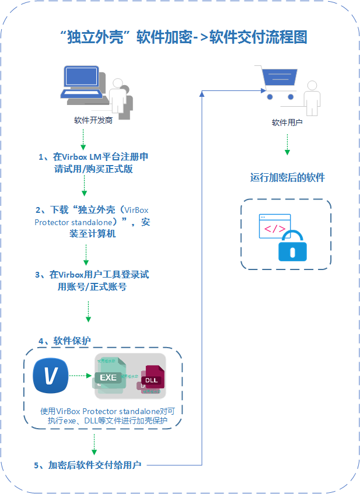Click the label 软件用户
click(286, 123)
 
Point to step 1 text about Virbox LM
click(93, 163)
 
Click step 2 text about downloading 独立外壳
click(93, 222)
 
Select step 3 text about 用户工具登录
click(93, 281)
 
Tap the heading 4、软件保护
click(64, 341)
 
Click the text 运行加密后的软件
click(287, 177)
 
